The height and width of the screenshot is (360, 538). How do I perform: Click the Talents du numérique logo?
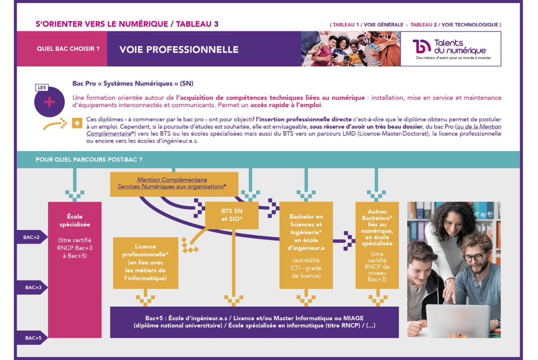[x=451, y=49]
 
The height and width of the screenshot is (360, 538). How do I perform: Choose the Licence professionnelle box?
[x=145, y=262]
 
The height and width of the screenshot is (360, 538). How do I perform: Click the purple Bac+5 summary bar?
[x=254, y=322]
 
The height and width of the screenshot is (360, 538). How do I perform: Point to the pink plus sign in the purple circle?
[x=49, y=102]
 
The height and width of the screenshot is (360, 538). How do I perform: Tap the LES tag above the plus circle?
[x=41, y=88]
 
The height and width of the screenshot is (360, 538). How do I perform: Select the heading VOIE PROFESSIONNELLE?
[x=179, y=49]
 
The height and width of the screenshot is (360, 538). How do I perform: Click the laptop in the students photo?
[x=457, y=321]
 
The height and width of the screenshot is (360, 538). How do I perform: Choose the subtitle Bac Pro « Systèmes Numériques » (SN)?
[x=133, y=84]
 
